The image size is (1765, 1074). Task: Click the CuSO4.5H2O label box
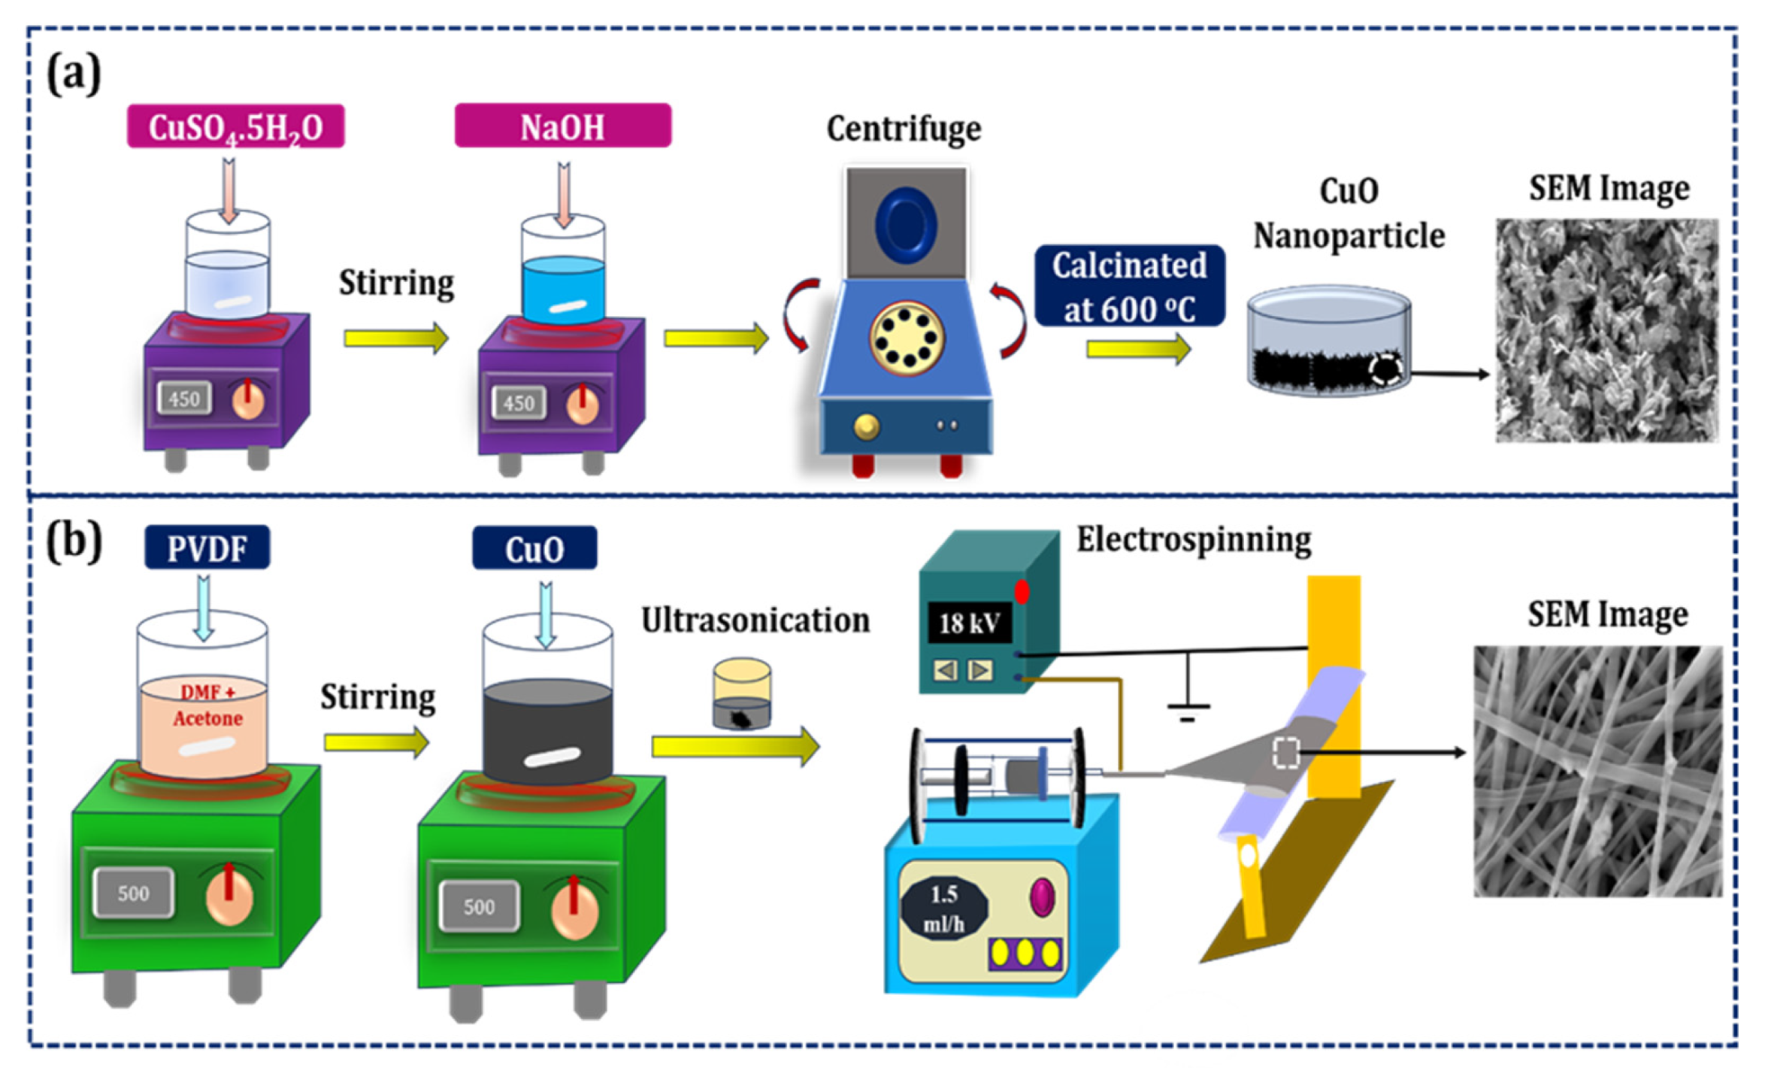click(235, 126)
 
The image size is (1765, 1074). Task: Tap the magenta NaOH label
click(562, 126)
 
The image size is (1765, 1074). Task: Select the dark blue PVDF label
click(207, 548)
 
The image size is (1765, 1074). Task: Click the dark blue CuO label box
click(534, 548)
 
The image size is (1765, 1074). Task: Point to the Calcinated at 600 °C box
click(1129, 286)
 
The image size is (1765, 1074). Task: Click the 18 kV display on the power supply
click(969, 623)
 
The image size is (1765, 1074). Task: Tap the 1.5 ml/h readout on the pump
click(943, 908)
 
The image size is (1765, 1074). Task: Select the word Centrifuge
click(904, 129)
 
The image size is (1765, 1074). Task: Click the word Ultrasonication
click(755, 620)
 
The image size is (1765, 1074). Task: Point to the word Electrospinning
click(1193, 539)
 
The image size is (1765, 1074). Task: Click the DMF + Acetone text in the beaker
click(207, 705)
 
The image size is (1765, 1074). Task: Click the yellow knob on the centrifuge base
click(867, 426)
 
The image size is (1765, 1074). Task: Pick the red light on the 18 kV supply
click(1022, 592)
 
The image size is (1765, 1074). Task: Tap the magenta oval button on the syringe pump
click(1042, 897)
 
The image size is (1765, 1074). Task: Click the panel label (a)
click(74, 74)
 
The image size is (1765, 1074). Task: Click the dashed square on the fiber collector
click(1285, 752)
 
